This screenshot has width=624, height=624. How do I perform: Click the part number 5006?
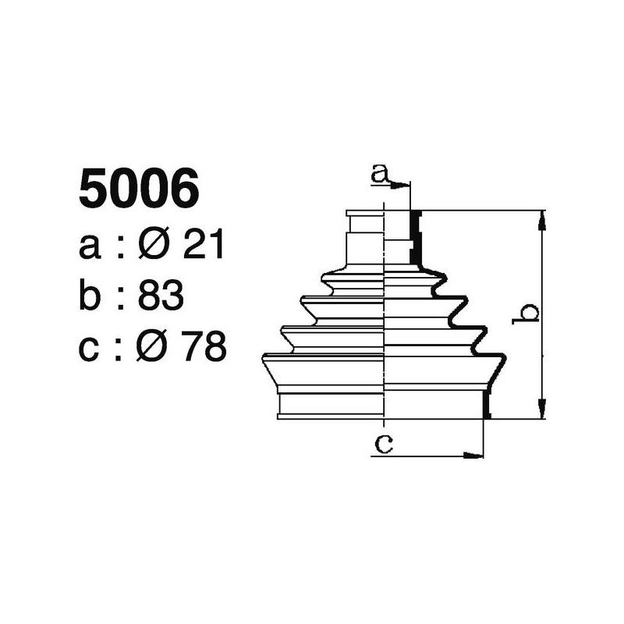[139, 190]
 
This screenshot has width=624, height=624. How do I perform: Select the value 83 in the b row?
[160, 296]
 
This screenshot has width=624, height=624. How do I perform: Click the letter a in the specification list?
[91, 249]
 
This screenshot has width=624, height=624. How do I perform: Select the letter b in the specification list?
[91, 296]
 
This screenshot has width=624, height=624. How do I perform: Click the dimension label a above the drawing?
[380, 174]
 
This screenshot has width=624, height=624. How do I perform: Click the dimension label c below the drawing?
[383, 444]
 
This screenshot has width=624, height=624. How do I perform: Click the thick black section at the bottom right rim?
[487, 403]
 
